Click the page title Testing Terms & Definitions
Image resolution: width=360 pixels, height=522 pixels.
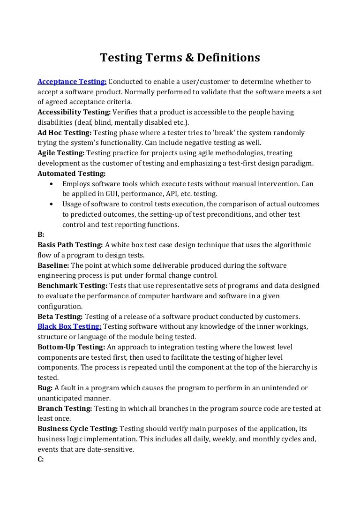tap(180, 58)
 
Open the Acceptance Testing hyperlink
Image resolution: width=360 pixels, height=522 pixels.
tap(72, 82)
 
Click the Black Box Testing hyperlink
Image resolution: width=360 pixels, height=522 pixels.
tap(69, 326)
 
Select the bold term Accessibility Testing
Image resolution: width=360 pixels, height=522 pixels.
tap(74, 112)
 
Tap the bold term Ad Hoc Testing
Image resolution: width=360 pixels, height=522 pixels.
tap(64, 133)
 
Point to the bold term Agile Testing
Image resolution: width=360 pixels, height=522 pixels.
tap(60, 153)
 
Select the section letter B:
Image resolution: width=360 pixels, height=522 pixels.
tap(41, 235)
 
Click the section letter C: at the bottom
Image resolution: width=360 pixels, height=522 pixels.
tap(41, 459)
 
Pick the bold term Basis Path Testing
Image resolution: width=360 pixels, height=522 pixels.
tap(70, 245)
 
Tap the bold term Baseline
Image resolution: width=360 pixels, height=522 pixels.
tap(53, 265)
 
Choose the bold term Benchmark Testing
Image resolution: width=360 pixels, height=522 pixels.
tap(72, 286)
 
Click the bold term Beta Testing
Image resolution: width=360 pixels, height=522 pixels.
tap(60, 316)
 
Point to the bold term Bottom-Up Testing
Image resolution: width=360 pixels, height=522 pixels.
tap(71, 347)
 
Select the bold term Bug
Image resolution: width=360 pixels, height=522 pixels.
tap(45, 388)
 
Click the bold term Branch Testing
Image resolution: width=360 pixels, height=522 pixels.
tap(65, 409)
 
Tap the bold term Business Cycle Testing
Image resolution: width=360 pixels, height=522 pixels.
tap(78, 429)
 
